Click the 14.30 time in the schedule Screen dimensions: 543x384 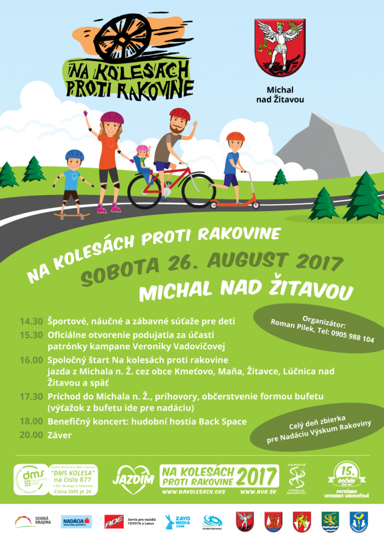point(31,321)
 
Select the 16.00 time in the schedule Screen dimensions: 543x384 point(31,360)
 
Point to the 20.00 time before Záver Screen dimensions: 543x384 point(31,435)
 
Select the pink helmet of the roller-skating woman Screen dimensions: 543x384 point(111,117)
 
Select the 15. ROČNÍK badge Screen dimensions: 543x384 point(347,475)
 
